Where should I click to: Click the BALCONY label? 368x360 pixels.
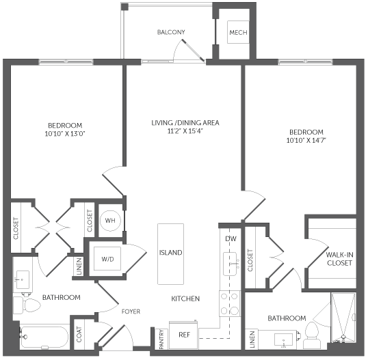pos(171,32)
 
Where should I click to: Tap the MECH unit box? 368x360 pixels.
pos(238,32)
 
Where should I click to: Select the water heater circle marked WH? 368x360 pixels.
pos(110,221)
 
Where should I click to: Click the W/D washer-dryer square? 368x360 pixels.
pos(107,258)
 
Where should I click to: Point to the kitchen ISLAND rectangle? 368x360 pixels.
pos(170,254)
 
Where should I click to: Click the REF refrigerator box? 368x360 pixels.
pos(183,335)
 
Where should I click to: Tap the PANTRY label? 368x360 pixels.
pos(161,339)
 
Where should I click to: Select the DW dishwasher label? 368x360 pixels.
pos(231,238)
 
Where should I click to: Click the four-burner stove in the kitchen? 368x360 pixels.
pos(230,303)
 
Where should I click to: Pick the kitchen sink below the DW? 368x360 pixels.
pos(231,264)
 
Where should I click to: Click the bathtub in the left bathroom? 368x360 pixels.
pos(44,337)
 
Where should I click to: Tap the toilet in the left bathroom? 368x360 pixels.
pos(27,305)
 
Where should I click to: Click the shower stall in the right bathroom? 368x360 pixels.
pos(343,318)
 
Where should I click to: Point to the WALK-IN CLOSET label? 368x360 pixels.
pos(339,259)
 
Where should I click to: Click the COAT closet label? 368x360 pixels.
pos(79,334)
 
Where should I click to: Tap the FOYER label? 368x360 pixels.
pos(131,311)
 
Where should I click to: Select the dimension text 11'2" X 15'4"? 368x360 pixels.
pos(185,130)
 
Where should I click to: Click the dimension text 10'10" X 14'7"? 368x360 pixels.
pos(306,140)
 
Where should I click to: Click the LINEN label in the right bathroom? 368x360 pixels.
pos(252,339)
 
